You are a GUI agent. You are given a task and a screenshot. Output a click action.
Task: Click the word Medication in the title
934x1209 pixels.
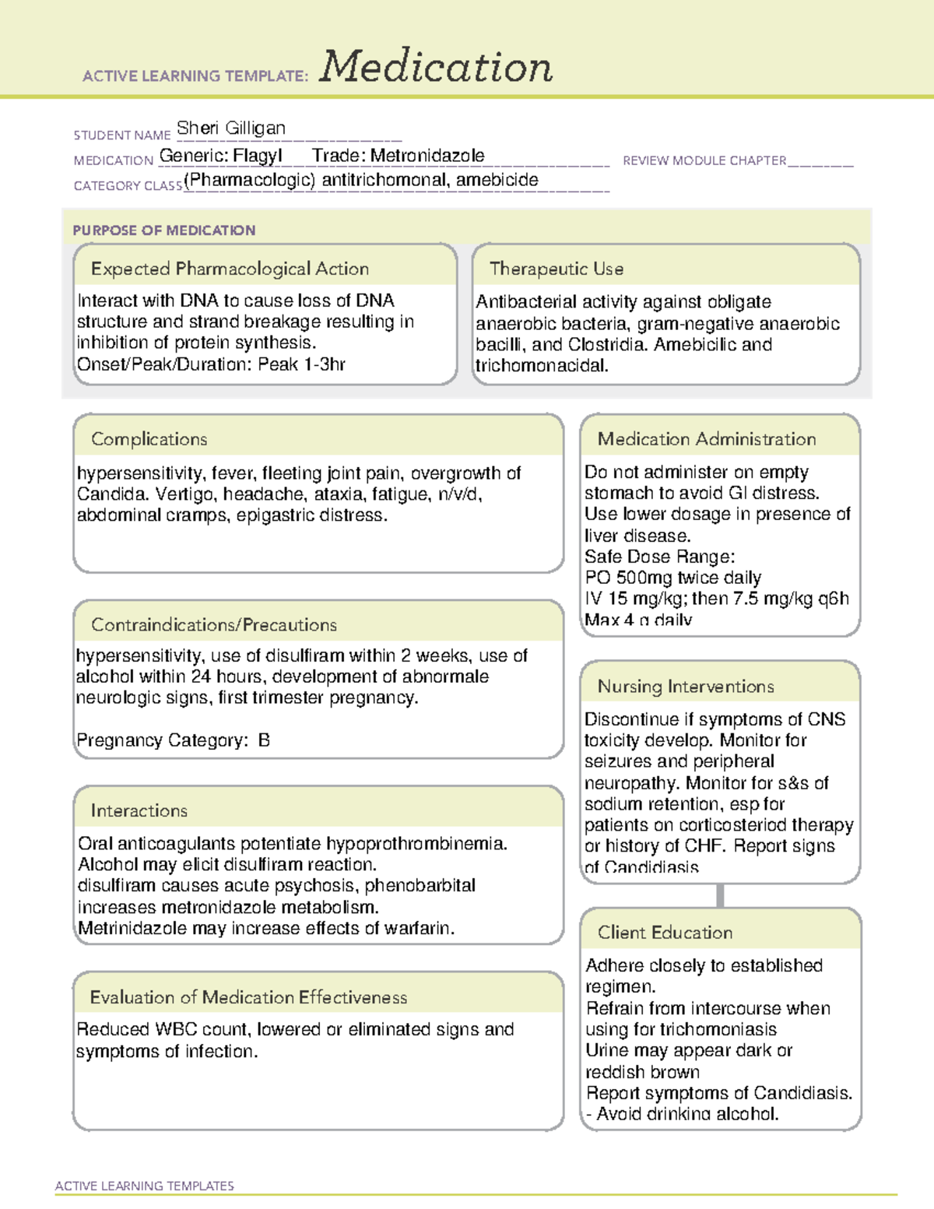tap(436, 67)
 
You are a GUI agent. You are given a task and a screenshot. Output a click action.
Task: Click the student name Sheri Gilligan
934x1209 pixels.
tap(231, 128)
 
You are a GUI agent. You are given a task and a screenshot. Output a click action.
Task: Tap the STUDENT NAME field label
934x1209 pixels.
tap(121, 135)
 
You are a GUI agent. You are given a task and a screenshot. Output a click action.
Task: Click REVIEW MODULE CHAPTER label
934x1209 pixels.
tap(704, 160)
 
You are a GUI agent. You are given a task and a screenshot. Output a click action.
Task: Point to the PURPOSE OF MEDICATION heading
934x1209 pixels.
tap(163, 230)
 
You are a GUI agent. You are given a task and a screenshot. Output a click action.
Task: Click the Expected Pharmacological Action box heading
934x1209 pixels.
tap(230, 269)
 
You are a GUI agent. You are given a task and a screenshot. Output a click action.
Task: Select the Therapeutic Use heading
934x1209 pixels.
tap(556, 269)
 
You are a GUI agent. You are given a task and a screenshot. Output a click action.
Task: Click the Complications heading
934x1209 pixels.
tap(149, 439)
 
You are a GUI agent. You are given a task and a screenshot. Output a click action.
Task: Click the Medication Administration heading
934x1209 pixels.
tap(706, 439)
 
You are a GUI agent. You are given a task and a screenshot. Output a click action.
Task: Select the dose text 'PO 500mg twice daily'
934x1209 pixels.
tap(672, 578)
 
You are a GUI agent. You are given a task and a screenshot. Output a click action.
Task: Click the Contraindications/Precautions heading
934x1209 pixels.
tap(213, 624)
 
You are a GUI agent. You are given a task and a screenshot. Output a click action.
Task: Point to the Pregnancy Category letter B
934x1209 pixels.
tap(264, 740)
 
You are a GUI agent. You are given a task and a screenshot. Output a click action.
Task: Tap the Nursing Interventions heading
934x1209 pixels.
tap(685, 687)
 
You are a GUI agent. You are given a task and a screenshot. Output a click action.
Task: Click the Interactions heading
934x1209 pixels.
tap(139, 810)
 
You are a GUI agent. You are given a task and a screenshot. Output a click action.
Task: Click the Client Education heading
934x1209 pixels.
tap(665, 933)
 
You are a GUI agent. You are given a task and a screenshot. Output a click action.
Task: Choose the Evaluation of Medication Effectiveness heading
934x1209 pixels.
tap(248, 997)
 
